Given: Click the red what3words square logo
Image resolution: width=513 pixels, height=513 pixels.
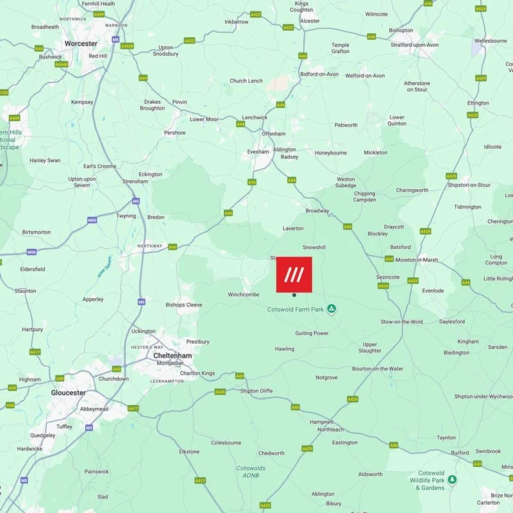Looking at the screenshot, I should coord(294,274).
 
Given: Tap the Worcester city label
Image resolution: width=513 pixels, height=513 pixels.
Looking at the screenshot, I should coord(81,44).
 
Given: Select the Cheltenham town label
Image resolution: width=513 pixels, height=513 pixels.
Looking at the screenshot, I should coord(172,355).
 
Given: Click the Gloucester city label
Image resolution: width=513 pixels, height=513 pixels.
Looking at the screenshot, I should coord(68,392).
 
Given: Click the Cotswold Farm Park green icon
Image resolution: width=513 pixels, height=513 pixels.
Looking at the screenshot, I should coord(332,309).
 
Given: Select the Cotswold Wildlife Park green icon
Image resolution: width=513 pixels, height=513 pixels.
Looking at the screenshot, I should coord(452,480).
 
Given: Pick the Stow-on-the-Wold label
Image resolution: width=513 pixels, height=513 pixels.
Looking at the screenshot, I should coord(401,321).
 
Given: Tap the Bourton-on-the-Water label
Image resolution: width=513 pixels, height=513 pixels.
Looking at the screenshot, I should coord(378,369).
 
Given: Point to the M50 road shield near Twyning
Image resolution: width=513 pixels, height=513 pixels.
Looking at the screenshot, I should coord(92,220).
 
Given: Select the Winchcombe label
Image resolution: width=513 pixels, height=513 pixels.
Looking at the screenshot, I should coord(243,294).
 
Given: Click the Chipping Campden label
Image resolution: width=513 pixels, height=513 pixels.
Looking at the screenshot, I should coord(364,197).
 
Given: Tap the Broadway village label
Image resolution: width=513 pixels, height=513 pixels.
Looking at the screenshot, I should coord(317,210).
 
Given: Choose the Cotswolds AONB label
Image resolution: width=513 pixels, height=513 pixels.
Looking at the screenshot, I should coord(251,472).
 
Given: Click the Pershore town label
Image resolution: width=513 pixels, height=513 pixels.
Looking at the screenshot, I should coord(175,133).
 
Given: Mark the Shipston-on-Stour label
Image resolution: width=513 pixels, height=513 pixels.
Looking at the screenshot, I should coord(469,185).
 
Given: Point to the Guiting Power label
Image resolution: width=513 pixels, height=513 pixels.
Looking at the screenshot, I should coord(312,333).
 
